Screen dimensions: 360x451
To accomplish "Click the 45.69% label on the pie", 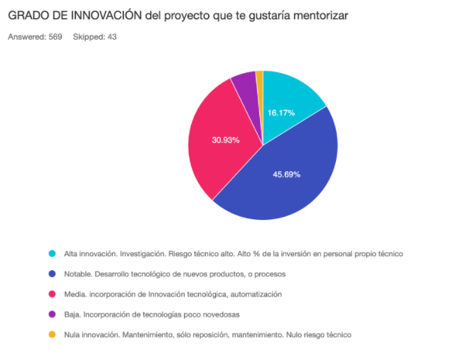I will (x=286, y=174).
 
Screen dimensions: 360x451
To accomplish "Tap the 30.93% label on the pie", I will (x=226, y=140).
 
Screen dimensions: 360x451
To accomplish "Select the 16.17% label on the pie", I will (x=281, y=112).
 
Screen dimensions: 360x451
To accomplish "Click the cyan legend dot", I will (x=52, y=253).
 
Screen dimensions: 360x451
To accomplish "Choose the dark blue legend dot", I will (x=52, y=274).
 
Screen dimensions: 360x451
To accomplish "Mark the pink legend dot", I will (x=52, y=294).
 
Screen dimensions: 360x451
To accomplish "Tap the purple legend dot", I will (x=52, y=314).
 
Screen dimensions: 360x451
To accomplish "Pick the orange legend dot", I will (x=52, y=334).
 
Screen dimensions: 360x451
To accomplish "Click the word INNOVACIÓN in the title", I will (x=104, y=15).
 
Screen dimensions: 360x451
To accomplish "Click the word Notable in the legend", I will (x=77, y=274).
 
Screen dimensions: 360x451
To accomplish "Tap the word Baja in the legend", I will (x=72, y=314).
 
